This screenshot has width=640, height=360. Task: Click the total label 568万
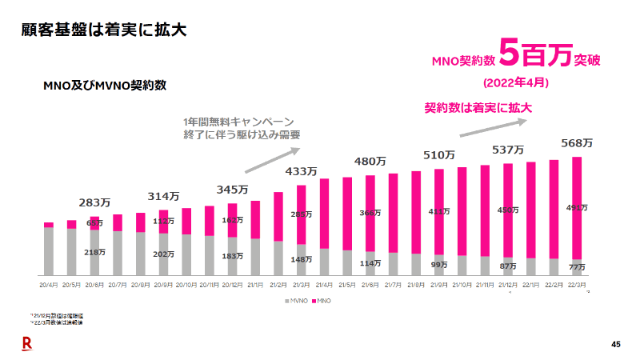pyautogui.click(x=576, y=143)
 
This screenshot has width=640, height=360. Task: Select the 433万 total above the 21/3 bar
pyautogui.click(x=301, y=171)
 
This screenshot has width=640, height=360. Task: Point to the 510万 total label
pyautogui.click(x=438, y=154)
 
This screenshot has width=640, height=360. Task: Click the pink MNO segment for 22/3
pyautogui.click(x=576, y=208)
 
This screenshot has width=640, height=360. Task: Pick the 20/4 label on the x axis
pyautogui.click(x=49, y=284)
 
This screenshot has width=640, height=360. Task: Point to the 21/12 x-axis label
pyautogui.click(x=507, y=284)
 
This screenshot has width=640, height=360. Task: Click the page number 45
pyautogui.click(x=615, y=344)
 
